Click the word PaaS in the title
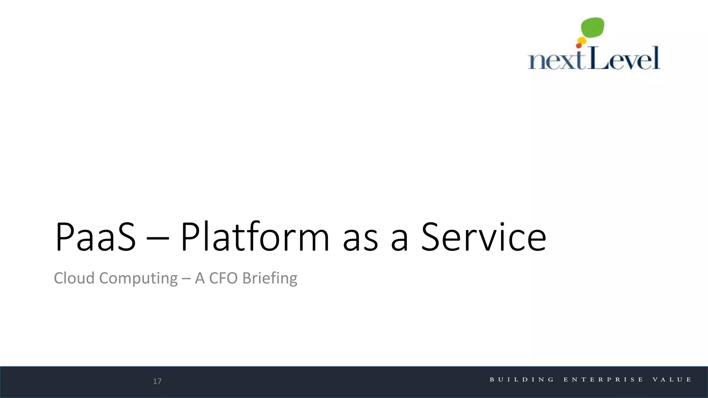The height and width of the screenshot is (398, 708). pyautogui.click(x=95, y=237)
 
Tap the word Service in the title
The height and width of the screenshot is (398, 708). pyautogui.click(x=484, y=237)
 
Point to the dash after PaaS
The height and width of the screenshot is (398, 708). pyautogui.click(x=158, y=238)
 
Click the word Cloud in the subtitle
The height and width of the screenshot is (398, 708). pyautogui.click(x=74, y=278)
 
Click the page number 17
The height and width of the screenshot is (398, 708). pyautogui.click(x=157, y=381)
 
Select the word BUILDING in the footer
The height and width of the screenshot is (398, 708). pyautogui.click(x=522, y=380)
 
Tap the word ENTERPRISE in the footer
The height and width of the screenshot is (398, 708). pyautogui.click(x=603, y=380)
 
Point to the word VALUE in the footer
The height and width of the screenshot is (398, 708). pyautogui.click(x=672, y=380)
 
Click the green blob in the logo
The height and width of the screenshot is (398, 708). pyautogui.click(x=593, y=27)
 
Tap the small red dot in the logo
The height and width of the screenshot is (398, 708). pyautogui.click(x=578, y=46)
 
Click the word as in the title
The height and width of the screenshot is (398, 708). pyautogui.click(x=360, y=238)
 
